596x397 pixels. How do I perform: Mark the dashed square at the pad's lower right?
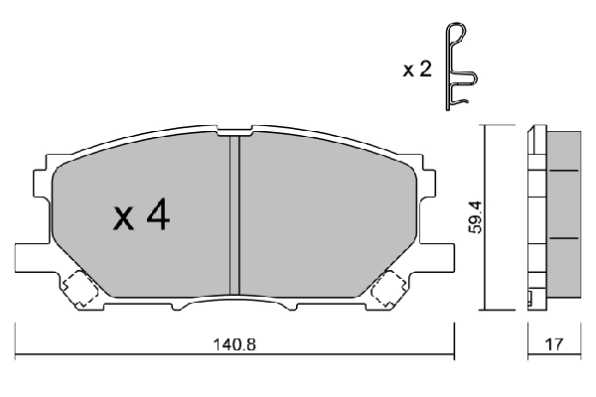(388, 289)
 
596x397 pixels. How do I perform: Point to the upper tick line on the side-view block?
(563, 171)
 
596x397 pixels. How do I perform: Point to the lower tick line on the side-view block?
(563, 239)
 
